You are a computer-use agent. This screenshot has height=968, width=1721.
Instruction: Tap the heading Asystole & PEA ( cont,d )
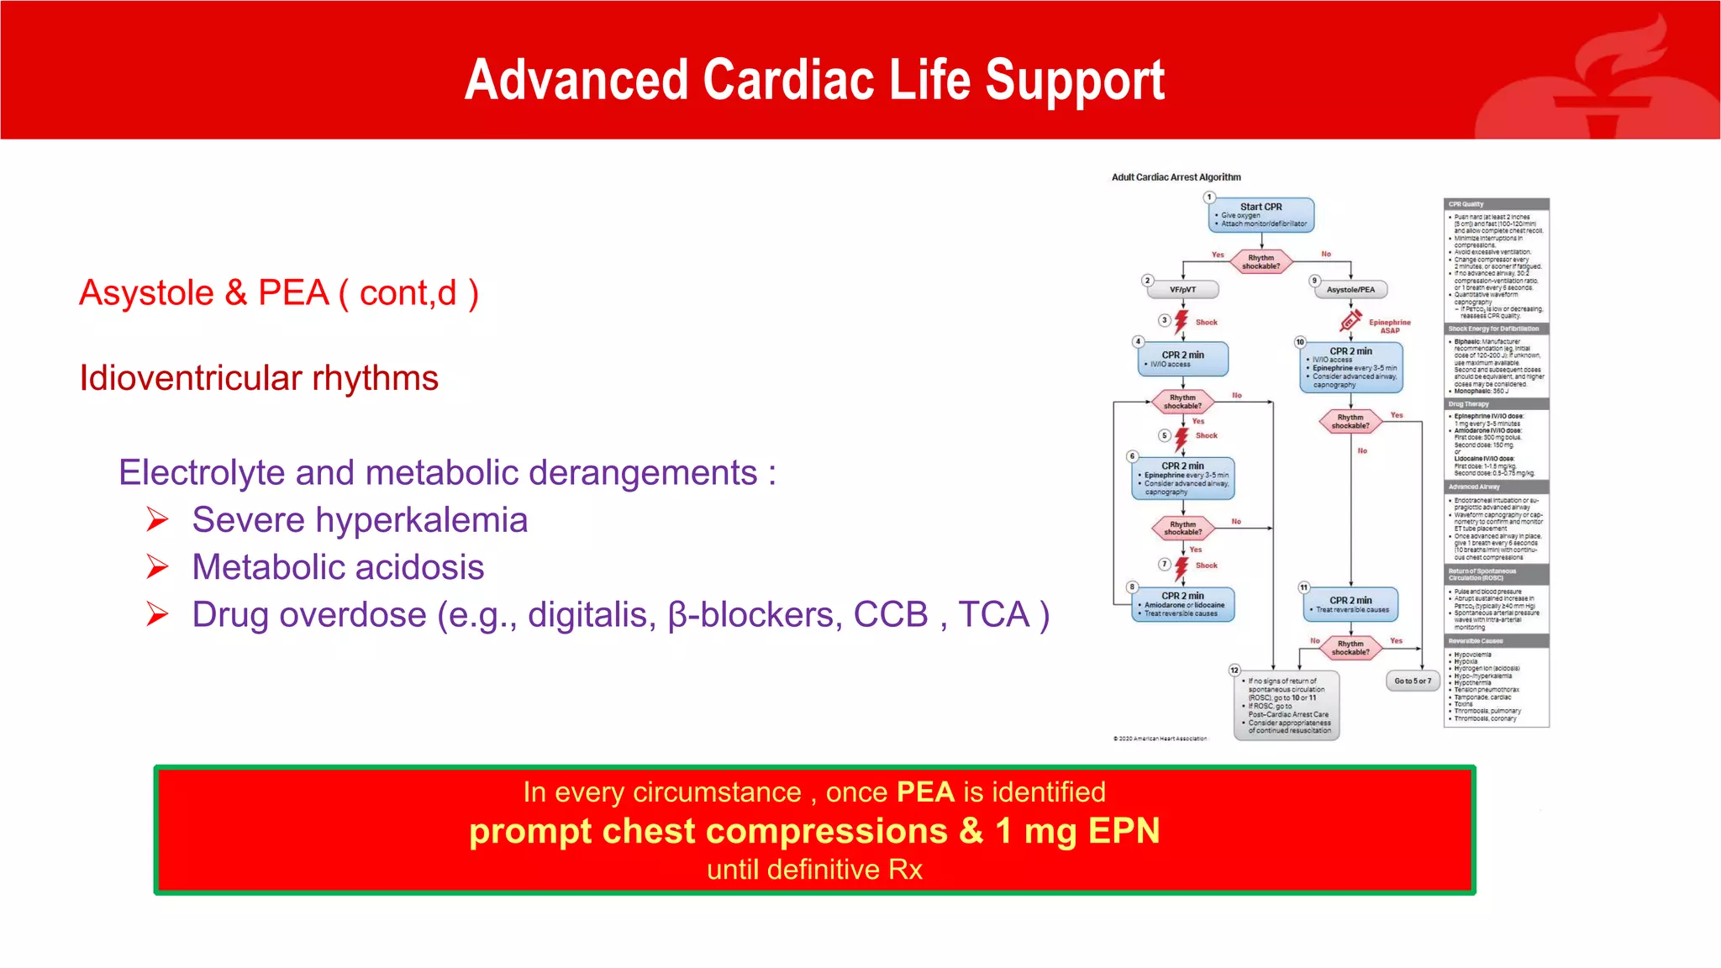coord(278,293)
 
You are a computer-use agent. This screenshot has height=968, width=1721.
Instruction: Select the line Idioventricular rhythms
coord(259,378)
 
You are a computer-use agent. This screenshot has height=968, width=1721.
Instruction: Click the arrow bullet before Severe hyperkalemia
coord(157,520)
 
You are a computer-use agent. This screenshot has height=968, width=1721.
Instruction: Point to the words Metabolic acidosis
coord(338,567)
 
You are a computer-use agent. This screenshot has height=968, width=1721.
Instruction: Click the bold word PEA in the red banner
coord(925,792)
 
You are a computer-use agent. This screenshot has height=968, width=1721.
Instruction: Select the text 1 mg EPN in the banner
coord(1077,831)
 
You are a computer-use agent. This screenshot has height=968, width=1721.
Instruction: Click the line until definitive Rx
coord(814,869)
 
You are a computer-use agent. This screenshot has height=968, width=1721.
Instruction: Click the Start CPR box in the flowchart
coord(1261,215)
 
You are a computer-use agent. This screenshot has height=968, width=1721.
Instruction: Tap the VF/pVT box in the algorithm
coord(1182,290)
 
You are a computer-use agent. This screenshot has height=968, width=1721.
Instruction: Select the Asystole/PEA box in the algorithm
coord(1350,290)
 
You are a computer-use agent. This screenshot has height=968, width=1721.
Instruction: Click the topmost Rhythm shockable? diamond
coord(1260,262)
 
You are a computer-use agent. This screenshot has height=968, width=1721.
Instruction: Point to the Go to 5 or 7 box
coord(1412,681)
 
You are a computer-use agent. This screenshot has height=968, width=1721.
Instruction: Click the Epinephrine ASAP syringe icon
coord(1350,320)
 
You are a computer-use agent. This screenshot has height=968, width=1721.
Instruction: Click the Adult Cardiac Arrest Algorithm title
coord(1176,177)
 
